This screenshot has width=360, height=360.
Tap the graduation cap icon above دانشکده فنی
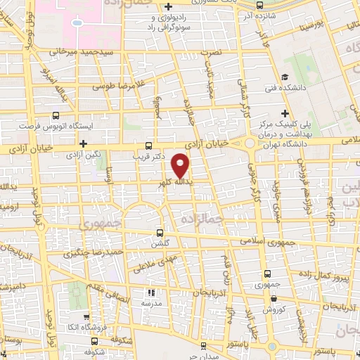click(285, 77)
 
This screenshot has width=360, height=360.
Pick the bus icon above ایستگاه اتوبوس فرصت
click(55, 117)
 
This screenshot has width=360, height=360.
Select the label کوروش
click(273, 309)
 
